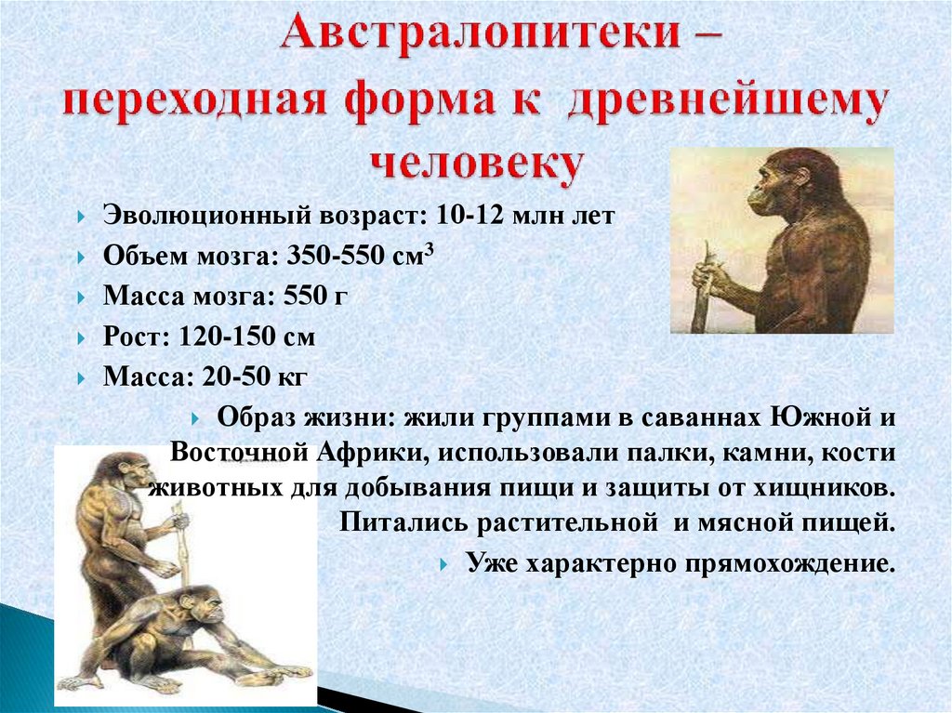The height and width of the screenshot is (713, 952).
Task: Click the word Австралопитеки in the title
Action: coord(481,33)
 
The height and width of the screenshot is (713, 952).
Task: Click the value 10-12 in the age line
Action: coord(470,215)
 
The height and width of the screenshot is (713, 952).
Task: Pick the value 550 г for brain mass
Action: coord(316,296)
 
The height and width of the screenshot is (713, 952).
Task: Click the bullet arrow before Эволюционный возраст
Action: coord(82,217)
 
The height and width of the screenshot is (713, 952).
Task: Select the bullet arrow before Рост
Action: coord(82,338)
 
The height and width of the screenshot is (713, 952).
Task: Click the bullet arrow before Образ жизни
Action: coord(195,418)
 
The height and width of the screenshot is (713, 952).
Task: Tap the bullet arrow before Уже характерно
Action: coord(444,565)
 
